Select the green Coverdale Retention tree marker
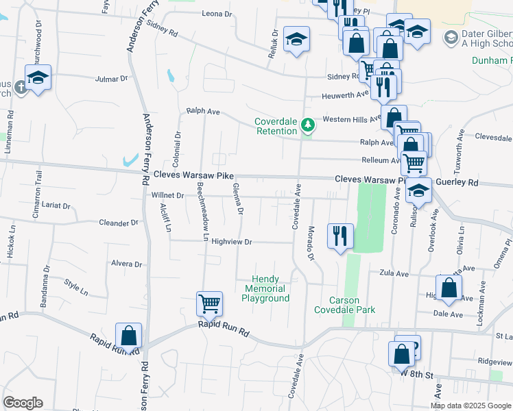(x=308, y=125)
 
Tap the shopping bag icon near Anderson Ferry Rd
(x=128, y=336)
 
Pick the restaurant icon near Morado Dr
(x=340, y=236)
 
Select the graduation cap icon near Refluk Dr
(x=296, y=39)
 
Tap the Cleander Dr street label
(x=118, y=223)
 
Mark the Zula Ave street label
(x=394, y=273)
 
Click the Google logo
(x=23, y=403)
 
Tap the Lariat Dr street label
(x=56, y=206)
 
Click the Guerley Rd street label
(x=459, y=183)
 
